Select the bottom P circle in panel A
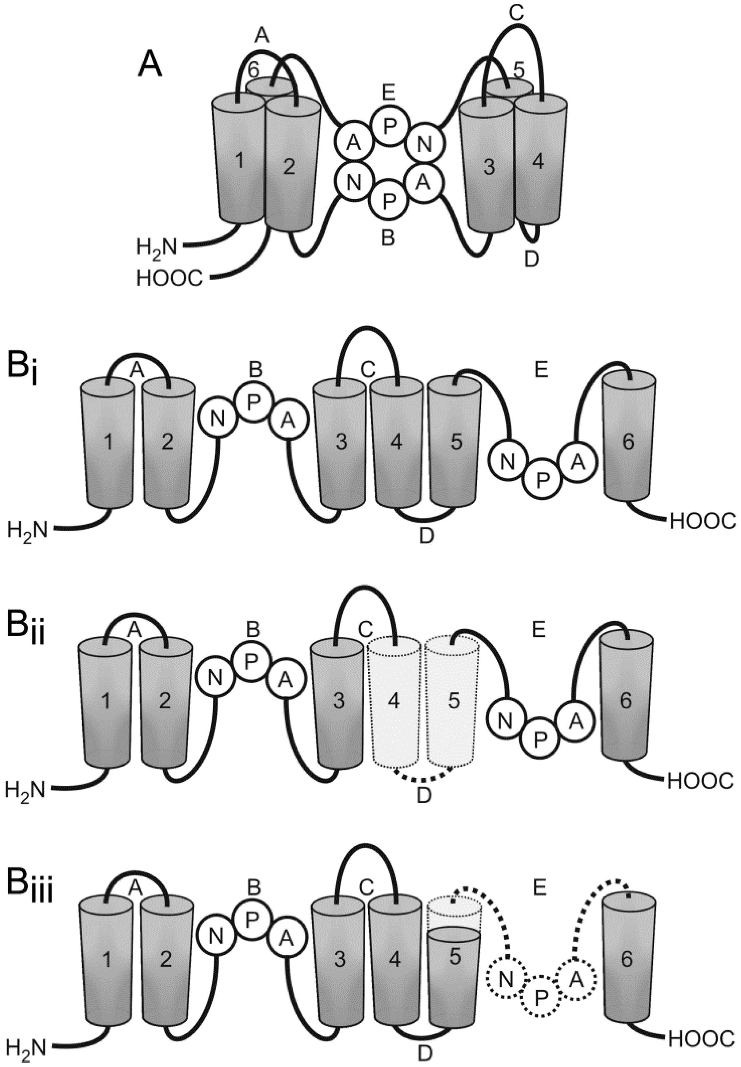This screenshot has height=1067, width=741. pos(389,200)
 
